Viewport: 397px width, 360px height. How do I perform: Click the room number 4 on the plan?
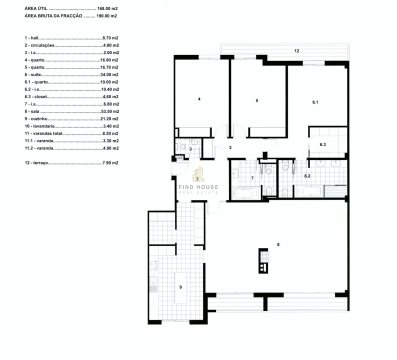pyautogui.click(x=199, y=99)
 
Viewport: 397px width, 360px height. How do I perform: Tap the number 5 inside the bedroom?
pyautogui.click(x=256, y=100)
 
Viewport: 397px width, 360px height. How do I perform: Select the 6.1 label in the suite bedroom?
pyautogui.click(x=315, y=102)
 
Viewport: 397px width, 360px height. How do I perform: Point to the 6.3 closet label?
pyautogui.click(x=322, y=144)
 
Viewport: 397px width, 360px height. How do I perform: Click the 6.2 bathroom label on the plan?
pyautogui.click(x=307, y=176)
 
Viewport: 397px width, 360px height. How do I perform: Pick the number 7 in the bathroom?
pyautogui.click(x=252, y=178)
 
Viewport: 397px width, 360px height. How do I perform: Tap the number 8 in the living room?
pyautogui.click(x=278, y=244)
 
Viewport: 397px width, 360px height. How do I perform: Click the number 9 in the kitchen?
pyautogui.click(x=180, y=287)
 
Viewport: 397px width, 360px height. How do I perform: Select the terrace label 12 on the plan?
pyautogui.click(x=296, y=51)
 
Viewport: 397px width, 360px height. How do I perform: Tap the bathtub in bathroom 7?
pyautogui.click(x=245, y=192)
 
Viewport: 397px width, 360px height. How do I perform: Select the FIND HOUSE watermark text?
pyautogui.click(x=198, y=187)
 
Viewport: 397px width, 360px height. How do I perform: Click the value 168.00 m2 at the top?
pyautogui.click(x=108, y=9)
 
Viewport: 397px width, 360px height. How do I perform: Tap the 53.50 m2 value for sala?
pyautogui.click(x=109, y=111)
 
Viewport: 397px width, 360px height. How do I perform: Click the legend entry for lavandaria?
pyautogui.click(x=41, y=126)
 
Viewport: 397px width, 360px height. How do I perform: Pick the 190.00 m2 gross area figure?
pyautogui.click(x=107, y=16)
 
